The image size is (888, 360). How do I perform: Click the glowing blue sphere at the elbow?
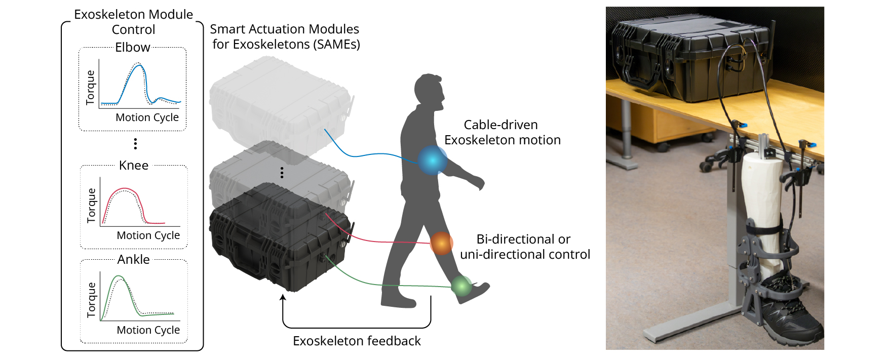pos(432,160)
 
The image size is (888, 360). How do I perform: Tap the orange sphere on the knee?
pos(441,243)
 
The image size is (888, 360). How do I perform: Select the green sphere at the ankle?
pos(461,286)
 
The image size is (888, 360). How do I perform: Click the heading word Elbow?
pos(133,48)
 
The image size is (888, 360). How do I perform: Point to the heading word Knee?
pos(134,166)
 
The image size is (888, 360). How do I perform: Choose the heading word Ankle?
pos(134,260)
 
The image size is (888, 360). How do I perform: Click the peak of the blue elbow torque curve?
pos(140,65)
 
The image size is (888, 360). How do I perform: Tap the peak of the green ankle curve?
pos(119,276)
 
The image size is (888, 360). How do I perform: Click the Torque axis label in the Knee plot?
pos(92,206)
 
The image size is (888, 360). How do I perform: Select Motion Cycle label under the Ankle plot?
pos(148,330)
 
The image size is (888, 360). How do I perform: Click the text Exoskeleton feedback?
pos(357,341)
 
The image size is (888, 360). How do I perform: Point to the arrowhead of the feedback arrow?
pos(283,298)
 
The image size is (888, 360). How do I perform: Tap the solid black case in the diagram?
pos(279,238)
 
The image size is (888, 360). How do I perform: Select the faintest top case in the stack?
pos(279,101)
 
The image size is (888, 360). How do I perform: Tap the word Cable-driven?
pos(500,125)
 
